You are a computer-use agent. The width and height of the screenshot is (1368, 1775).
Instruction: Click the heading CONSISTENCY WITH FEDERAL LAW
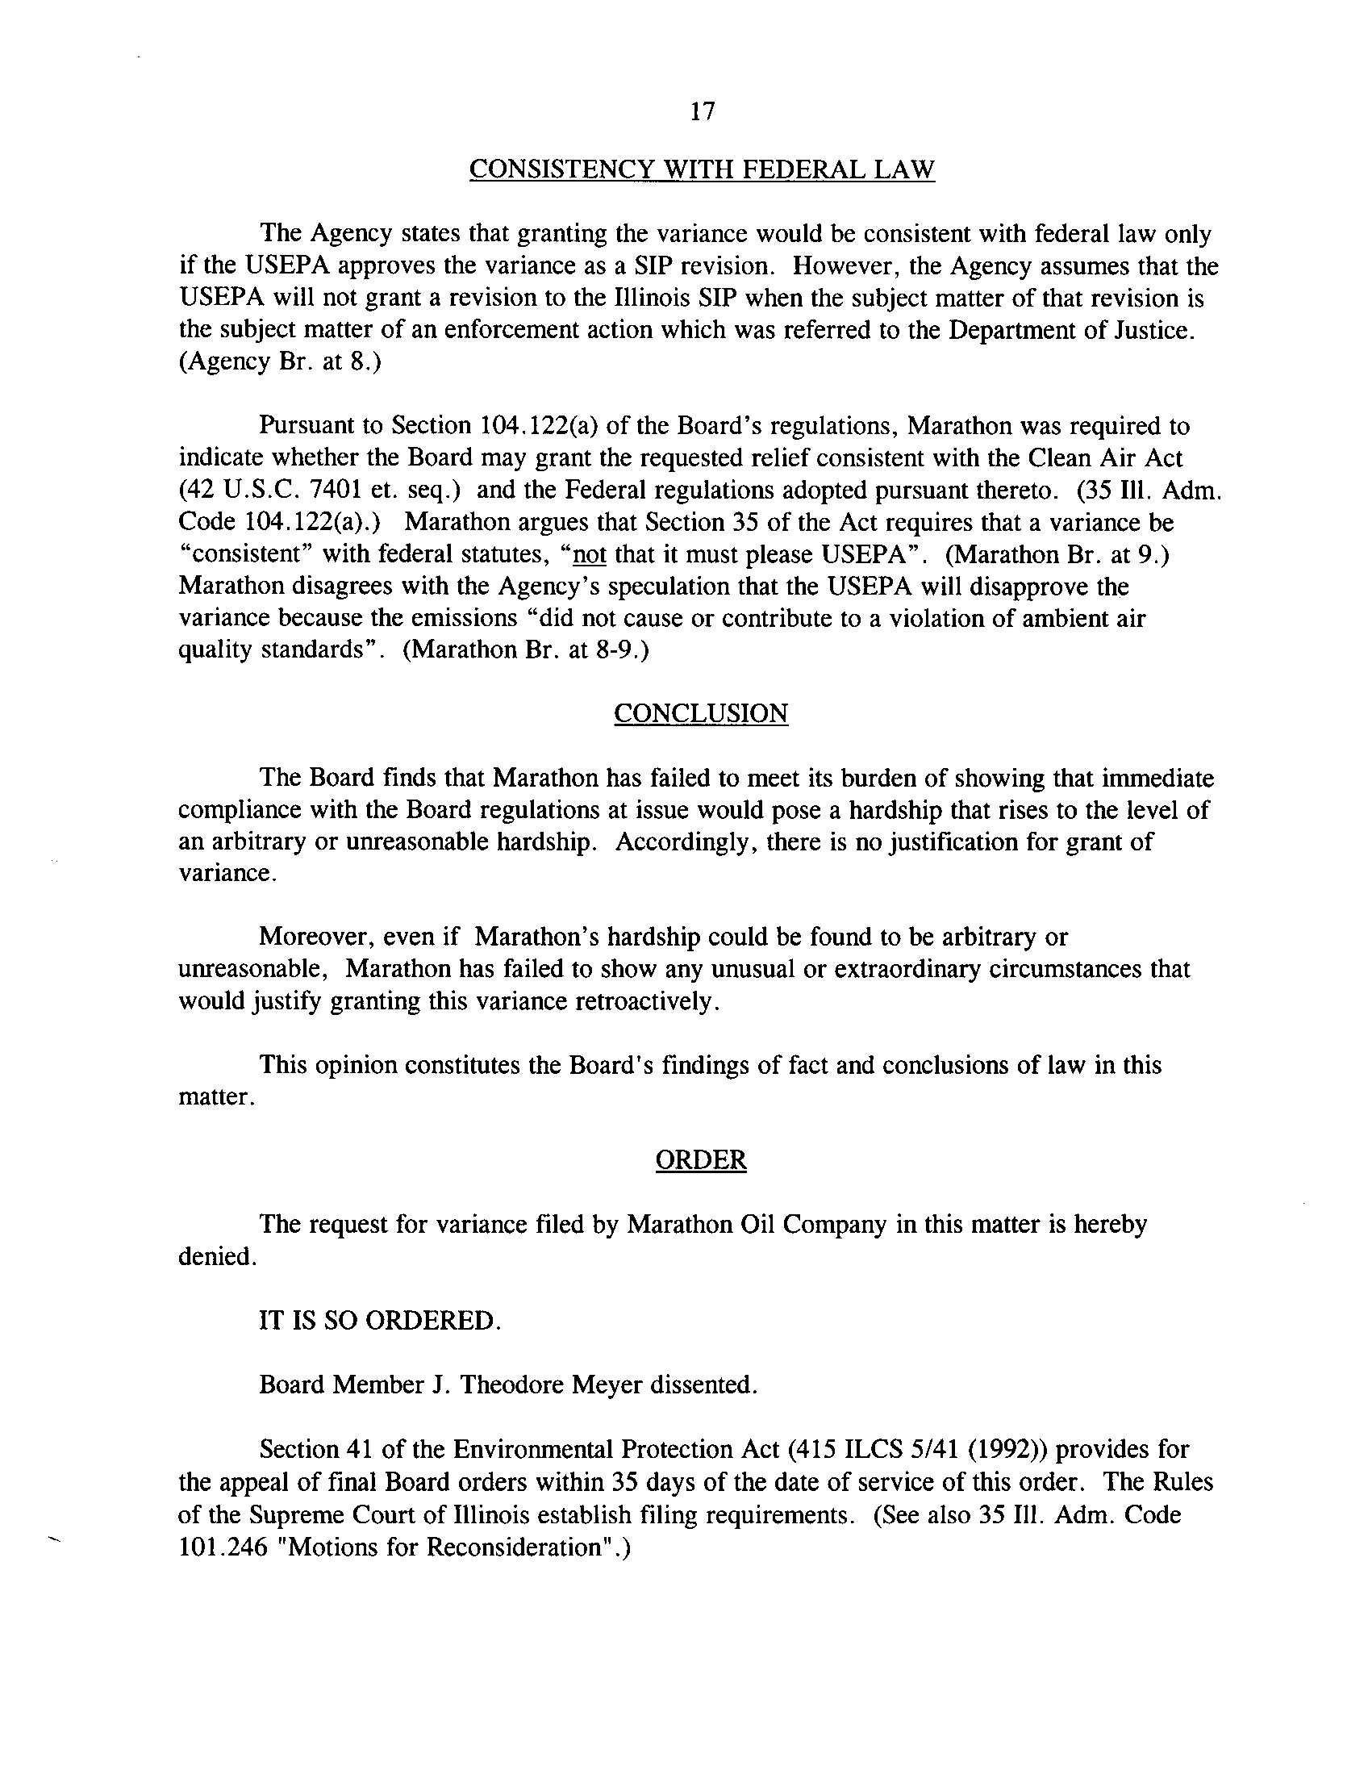click(702, 170)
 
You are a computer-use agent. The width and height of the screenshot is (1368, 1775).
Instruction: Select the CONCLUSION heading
click(700, 713)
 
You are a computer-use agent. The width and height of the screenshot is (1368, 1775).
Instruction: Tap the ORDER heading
click(700, 1159)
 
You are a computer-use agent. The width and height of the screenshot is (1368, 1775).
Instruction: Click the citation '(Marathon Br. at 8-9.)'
click(526, 651)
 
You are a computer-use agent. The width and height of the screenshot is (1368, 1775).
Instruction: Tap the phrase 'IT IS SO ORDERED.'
click(379, 1320)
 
